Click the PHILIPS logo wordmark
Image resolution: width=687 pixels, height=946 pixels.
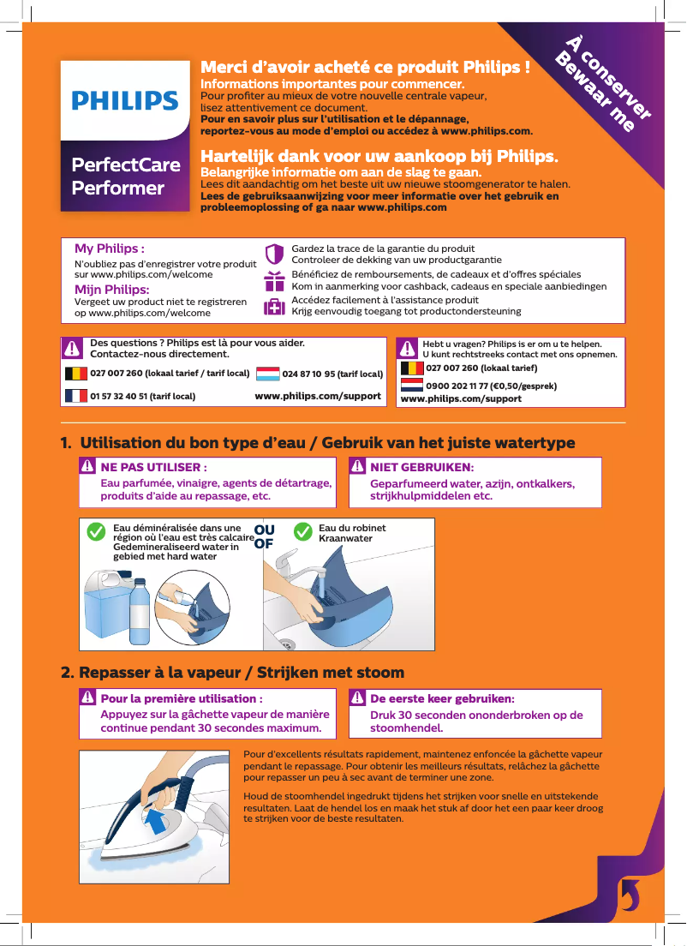[125, 101]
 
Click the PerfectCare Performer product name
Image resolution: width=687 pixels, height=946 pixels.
[125, 177]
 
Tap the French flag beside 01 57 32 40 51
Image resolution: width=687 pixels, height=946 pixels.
[76, 396]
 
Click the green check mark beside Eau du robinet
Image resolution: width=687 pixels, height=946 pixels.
[302, 531]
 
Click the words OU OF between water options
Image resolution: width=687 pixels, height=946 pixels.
[264, 536]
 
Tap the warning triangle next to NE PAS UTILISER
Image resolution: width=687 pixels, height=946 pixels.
[87, 467]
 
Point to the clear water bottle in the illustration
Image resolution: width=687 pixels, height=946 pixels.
[140, 612]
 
